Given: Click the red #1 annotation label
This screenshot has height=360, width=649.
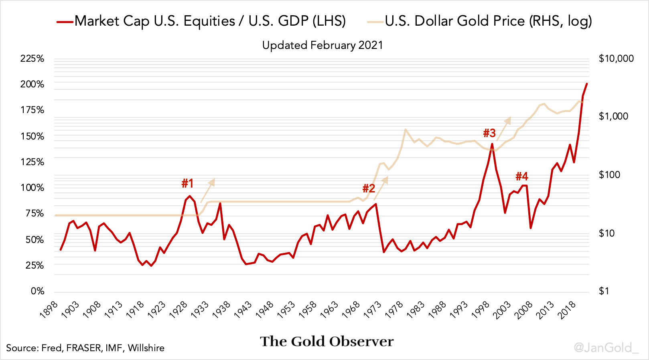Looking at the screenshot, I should (x=187, y=183).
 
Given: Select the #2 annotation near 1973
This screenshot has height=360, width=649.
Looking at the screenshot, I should (x=369, y=188).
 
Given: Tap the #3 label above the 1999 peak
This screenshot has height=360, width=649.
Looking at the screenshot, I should (x=489, y=133).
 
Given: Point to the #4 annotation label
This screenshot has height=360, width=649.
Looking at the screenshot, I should (x=521, y=176).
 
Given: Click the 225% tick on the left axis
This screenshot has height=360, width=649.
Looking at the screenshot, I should (x=32, y=59).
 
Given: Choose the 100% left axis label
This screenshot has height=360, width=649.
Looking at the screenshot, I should (x=32, y=188).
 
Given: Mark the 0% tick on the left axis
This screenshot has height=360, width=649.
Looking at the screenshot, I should (x=37, y=291).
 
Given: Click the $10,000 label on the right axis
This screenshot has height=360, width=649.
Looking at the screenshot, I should (x=616, y=59).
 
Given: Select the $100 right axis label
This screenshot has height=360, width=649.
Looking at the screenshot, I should (x=609, y=175).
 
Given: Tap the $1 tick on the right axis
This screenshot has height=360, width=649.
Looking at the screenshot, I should (x=604, y=291).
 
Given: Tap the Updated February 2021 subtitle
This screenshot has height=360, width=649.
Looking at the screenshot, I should (x=322, y=45).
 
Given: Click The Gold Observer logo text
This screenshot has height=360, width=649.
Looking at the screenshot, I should (x=327, y=341).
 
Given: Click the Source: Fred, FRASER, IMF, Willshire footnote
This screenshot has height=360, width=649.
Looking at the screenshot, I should (x=85, y=348).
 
